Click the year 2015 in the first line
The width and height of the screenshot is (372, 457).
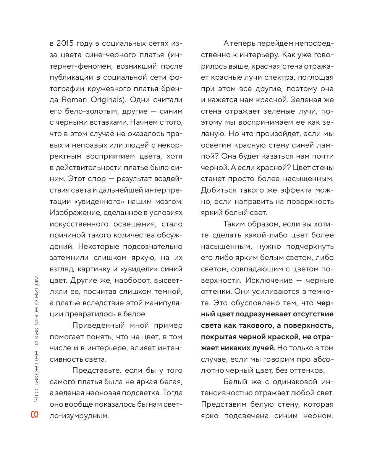point(66,43)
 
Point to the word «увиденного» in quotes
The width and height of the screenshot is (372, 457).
point(103,201)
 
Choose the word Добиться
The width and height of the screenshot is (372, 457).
point(217,190)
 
